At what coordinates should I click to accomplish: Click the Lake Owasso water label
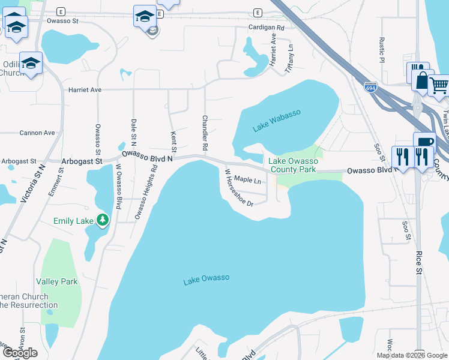click(206, 278)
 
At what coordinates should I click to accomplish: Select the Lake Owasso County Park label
click(292, 165)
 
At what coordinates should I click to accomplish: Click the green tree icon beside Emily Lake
click(103, 220)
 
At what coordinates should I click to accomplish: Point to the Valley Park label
click(57, 281)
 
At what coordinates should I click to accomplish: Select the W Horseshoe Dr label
click(238, 187)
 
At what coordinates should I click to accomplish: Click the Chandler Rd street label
click(205, 133)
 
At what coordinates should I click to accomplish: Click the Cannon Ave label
click(37, 133)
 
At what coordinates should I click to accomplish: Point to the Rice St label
click(418, 262)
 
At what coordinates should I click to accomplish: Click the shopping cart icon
click(439, 86)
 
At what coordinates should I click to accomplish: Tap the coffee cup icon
click(424, 142)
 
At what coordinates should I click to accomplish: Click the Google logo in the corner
click(20, 353)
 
